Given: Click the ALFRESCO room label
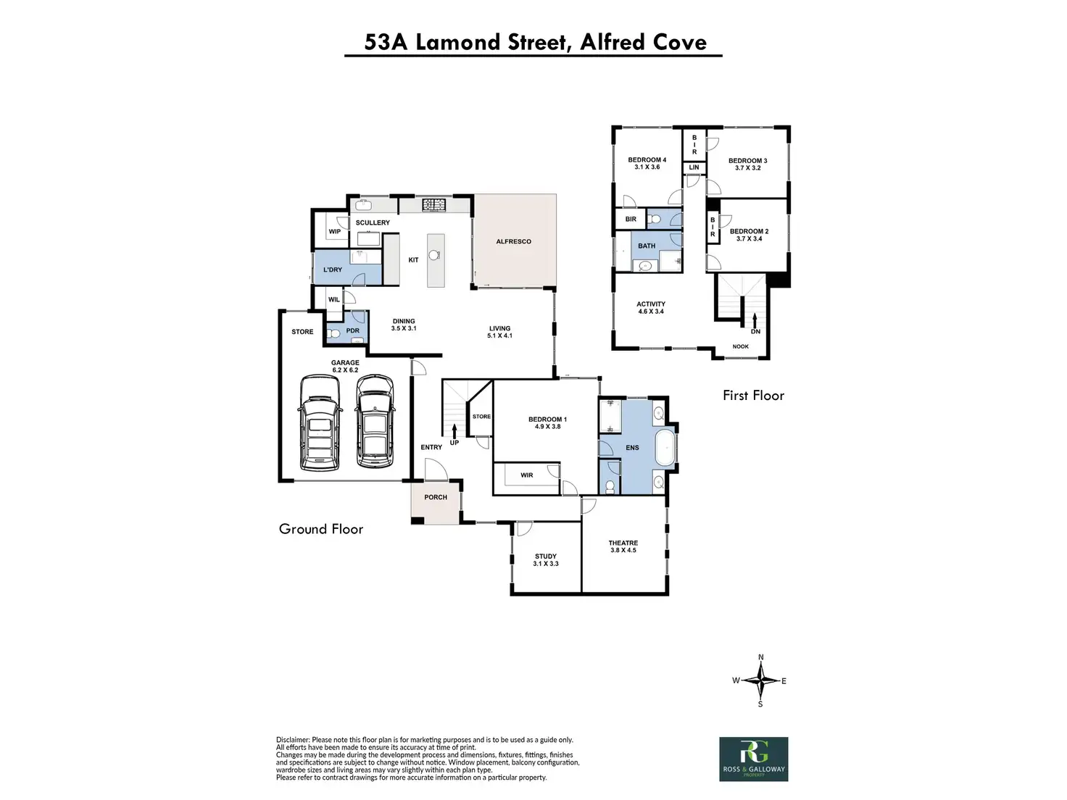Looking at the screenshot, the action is pos(513,241).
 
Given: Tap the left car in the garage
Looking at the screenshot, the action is pos(319,422).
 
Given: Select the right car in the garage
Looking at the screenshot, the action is pos(374,422).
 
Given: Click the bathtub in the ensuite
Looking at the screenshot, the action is pos(665,448).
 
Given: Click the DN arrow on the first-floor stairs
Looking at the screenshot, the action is pos(755,320).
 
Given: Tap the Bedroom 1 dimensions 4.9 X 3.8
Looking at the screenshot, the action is pos(547,427).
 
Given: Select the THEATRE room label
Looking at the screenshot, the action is pos(623,543).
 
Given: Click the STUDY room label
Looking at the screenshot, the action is pos(546,557).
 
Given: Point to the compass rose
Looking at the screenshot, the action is pos(760,680).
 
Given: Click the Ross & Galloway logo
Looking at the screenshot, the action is pos(753,759).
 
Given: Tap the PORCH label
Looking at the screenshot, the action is pos(436,497).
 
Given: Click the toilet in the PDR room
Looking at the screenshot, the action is pos(334,333).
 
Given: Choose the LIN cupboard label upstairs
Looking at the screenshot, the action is pos(694,167).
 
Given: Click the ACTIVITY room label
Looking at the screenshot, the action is pos(651,304).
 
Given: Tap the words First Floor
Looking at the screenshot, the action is pos(753,395).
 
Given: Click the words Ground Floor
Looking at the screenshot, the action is pos(321,529).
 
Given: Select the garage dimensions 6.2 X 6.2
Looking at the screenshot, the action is pos(345,370).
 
